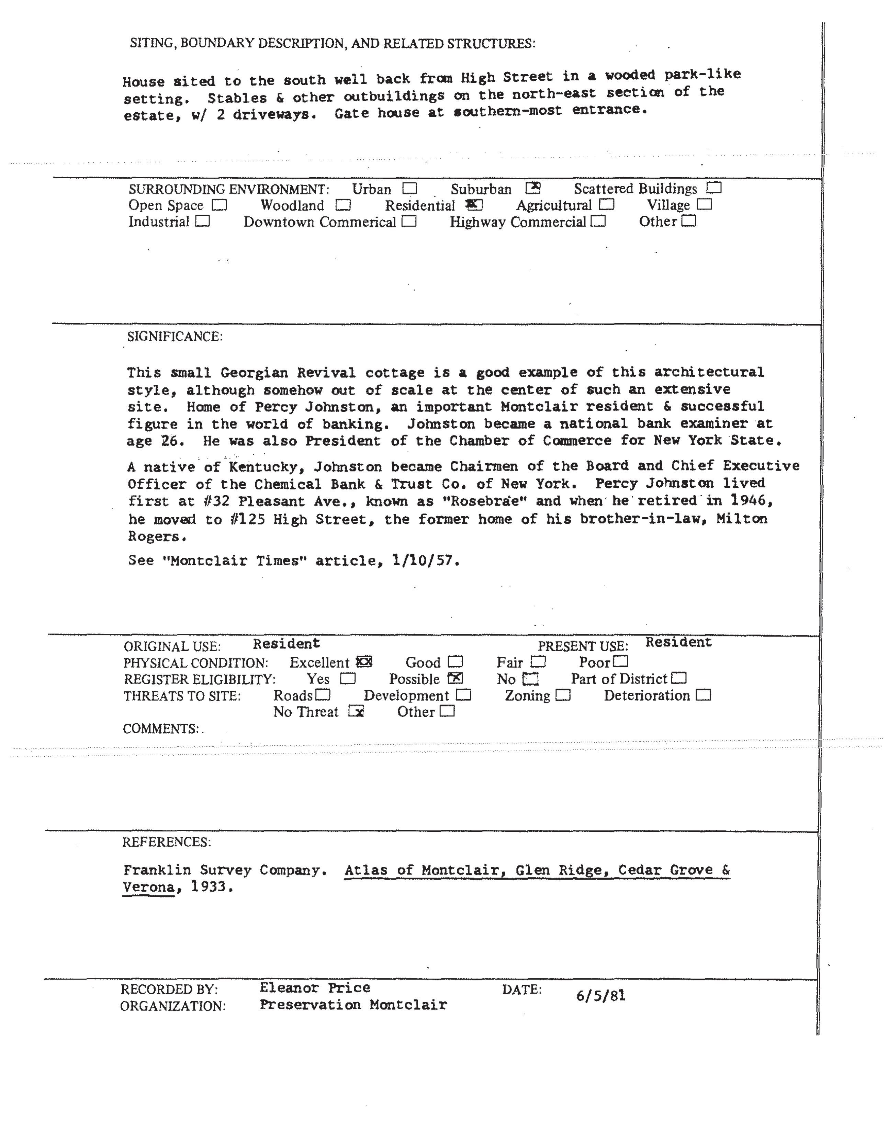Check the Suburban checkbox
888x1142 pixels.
[x=533, y=188]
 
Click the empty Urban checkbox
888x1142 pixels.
[x=409, y=188]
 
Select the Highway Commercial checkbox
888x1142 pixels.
[x=598, y=222]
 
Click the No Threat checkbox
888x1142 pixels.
[x=356, y=711]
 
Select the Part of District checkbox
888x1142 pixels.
[x=679, y=678]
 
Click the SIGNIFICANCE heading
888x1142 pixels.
[x=175, y=336]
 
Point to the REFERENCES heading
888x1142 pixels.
[x=166, y=842]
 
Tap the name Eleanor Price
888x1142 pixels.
[x=315, y=988]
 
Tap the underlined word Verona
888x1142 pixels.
[x=148, y=887]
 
